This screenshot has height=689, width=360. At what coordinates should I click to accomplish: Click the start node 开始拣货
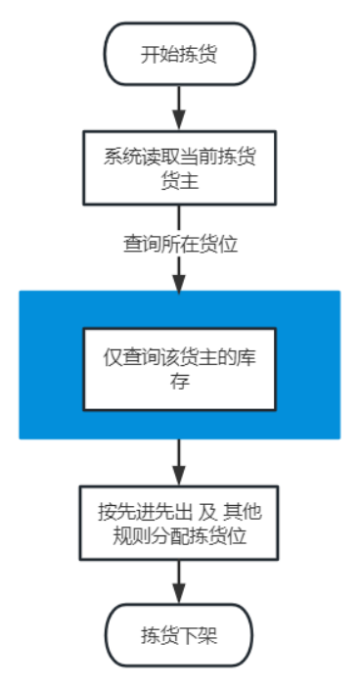(x=179, y=52)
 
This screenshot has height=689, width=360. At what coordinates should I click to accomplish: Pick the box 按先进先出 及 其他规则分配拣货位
(x=179, y=526)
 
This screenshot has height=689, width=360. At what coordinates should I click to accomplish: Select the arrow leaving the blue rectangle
(x=179, y=460)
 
